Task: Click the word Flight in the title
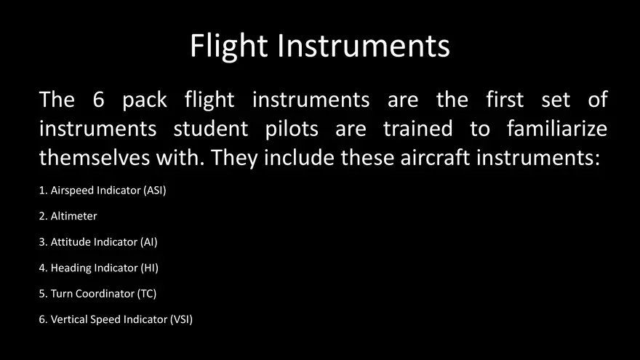click(x=230, y=46)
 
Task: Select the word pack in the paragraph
click(x=145, y=100)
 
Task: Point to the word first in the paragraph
click(x=504, y=100)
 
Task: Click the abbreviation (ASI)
click(x=161, y=191)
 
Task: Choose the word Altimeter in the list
click(x=73, y=216)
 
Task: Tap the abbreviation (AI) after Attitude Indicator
click(x=149, y=242)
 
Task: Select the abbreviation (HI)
click(x=149, y=268)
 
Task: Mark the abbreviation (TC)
click(x=147, y=294)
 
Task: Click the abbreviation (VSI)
click(x=181, y=319)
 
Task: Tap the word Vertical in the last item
click(x=69, y=319)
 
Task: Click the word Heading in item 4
click(x=71, y=268)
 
